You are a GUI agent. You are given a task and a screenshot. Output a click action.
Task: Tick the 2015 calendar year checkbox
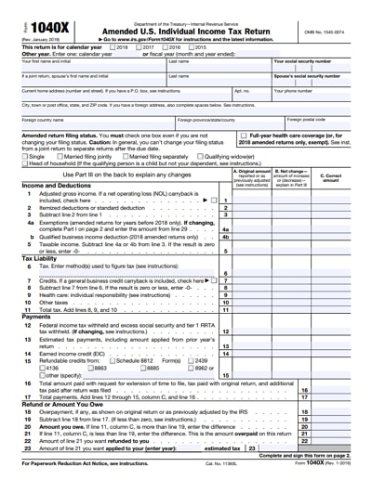tap(170, 46)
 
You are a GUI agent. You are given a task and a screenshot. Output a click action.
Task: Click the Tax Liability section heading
tap(41, 257)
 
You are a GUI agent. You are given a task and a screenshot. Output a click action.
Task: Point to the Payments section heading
tap(36, 317)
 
